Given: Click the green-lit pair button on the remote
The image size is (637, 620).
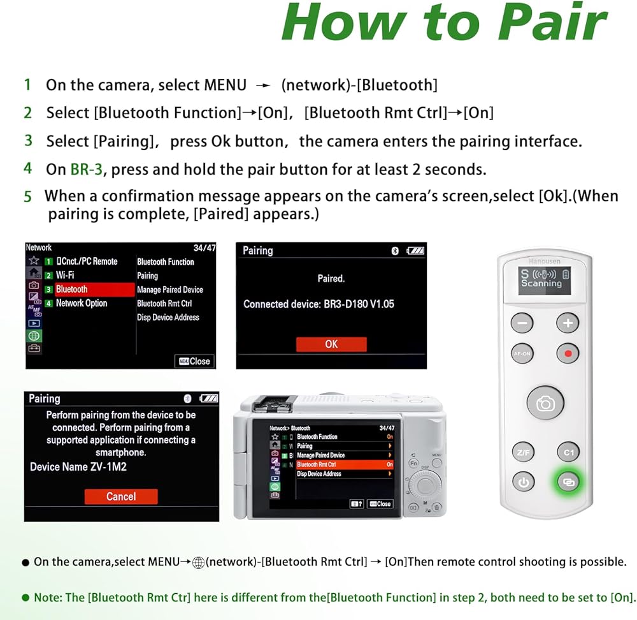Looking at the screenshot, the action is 568,482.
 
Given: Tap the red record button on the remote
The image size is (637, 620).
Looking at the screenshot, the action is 568,353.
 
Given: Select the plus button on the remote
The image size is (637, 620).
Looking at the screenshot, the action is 568,323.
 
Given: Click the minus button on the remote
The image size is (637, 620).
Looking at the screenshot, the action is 522,323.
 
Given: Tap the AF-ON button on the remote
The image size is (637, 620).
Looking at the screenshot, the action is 522,353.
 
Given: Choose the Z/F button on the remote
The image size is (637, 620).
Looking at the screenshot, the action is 523,452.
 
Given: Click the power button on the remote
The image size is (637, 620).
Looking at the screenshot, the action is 523,482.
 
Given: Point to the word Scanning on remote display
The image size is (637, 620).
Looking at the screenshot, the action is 541,284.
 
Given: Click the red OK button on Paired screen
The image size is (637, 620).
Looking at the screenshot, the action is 331,344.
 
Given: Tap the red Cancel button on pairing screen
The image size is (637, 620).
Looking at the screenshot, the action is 121,496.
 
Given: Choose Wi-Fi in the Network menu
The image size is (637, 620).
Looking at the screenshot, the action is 65,275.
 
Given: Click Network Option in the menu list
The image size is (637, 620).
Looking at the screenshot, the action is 82,303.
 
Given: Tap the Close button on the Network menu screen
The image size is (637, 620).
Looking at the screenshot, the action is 194,361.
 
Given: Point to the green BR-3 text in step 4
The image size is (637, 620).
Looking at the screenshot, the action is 87,169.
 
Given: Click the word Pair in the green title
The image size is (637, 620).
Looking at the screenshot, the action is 553,22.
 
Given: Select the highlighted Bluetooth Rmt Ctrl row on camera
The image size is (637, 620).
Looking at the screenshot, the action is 345,464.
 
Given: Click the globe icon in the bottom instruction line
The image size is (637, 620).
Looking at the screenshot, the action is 198,563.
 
